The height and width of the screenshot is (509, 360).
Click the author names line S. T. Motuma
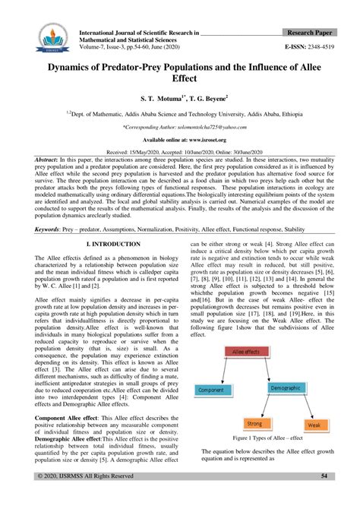click(179, 98)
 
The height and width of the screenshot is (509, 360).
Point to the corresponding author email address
click(179, 128)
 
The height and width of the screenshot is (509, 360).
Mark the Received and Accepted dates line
click(179, 153)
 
